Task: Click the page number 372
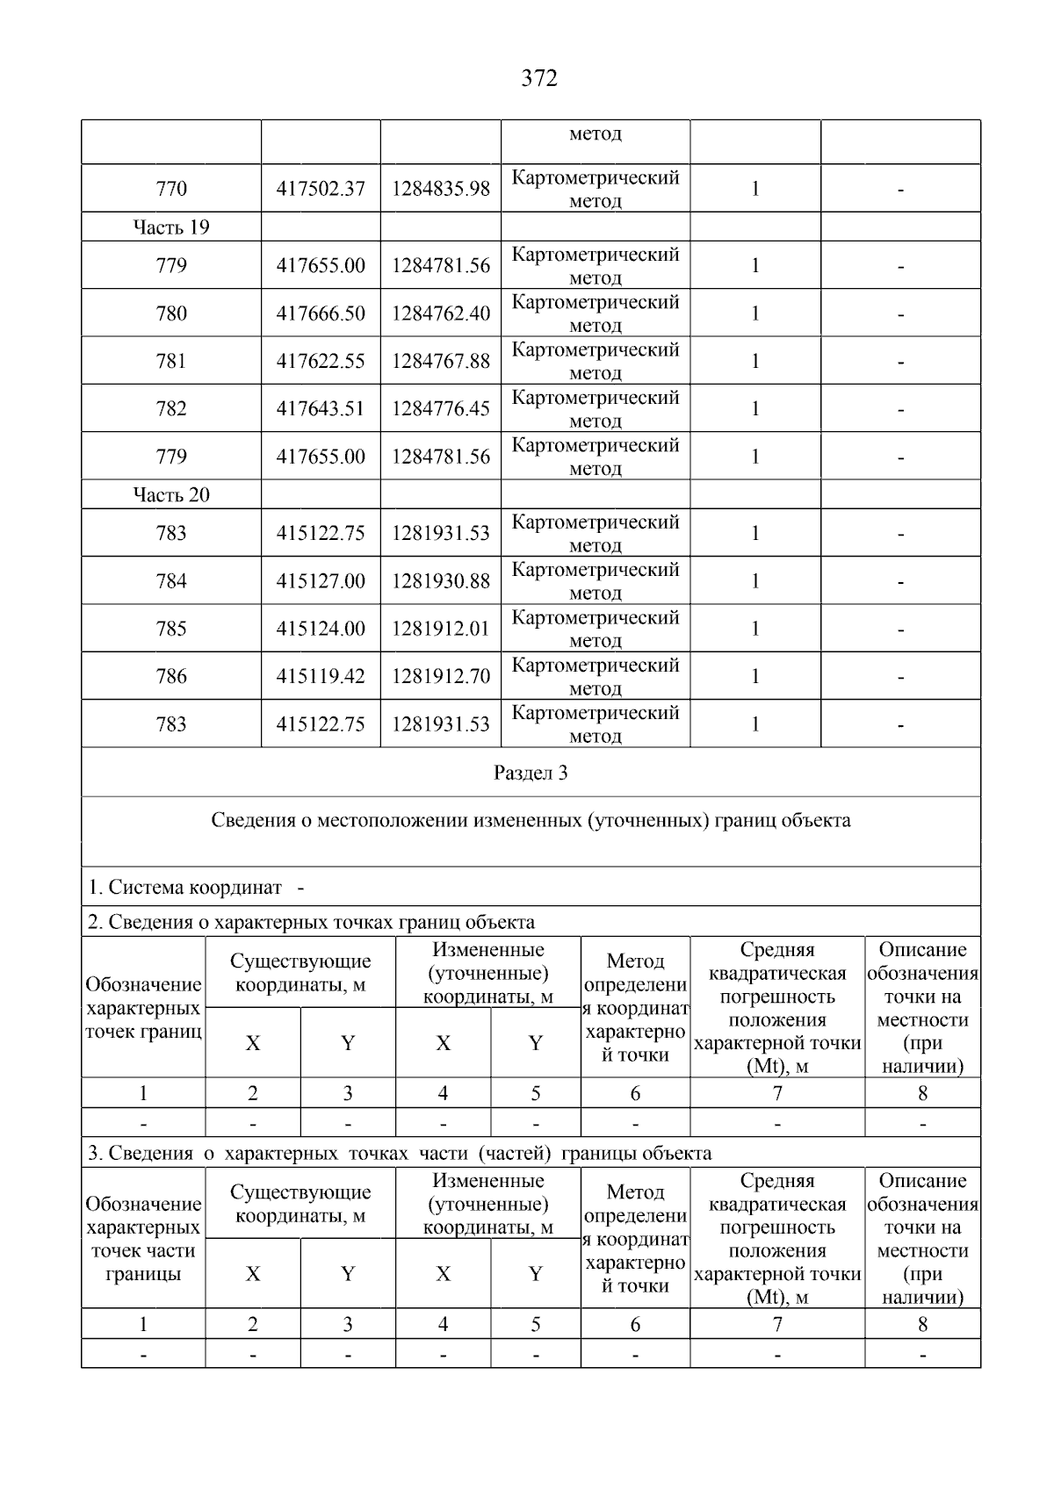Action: pos(539,79)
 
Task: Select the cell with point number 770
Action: pos(171,189)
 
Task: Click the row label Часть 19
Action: pos(171,227)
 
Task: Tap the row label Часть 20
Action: pos(171,494)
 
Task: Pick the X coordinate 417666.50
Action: pos(321,313)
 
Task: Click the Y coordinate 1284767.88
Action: pos(441,361)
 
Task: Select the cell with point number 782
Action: pos(171,408)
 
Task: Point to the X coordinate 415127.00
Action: pos(321,580)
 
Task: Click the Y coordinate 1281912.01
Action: pos(441,629)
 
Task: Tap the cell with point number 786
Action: pos(171,676)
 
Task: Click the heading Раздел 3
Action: pos(531,773)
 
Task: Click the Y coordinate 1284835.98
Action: pos(441,189)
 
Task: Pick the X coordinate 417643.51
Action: pos(321,408)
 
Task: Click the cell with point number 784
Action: pos(171,580)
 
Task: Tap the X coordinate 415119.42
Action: pos(321,676)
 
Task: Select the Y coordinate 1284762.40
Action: pos(441,313)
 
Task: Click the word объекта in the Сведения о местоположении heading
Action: pos(819,821)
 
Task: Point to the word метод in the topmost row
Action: pos(596,134)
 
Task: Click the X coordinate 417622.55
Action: pos(321,361)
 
